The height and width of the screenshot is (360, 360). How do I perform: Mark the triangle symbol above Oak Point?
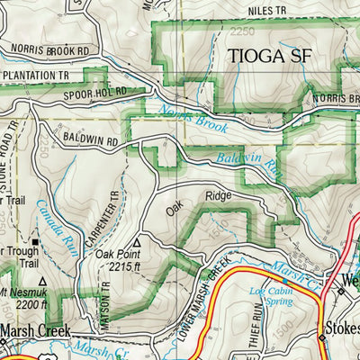click(136, 242)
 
